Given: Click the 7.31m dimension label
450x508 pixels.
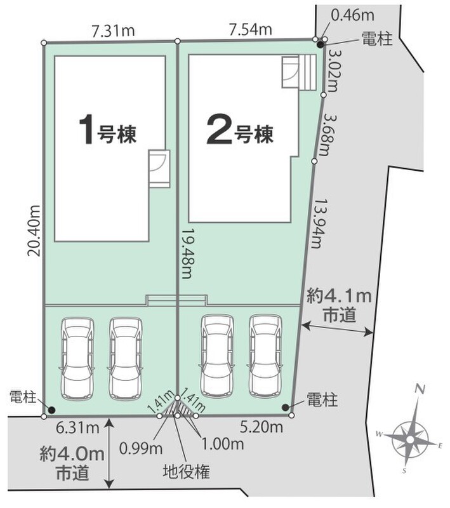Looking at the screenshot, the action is (113, 31).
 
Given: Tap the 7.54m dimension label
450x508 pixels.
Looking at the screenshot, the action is (250, 30).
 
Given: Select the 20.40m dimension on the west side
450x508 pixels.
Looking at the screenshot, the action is (34, 231).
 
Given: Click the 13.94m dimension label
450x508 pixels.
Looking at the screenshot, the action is (318, 224).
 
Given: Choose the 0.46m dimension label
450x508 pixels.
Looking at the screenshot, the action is (352, 15).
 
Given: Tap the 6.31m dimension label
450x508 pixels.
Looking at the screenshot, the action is (77, 428).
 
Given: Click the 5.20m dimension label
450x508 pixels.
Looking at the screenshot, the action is (261, 427).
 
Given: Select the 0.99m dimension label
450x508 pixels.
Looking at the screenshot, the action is (141, 448).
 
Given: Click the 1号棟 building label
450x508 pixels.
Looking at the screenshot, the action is (108, 131).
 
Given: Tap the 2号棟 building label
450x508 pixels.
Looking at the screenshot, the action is (240, 131).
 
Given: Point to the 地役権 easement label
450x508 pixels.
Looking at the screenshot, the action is (187, 472).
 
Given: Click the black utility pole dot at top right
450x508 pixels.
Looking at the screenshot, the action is (320, 45).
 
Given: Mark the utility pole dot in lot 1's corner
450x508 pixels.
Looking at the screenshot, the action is (51, 410).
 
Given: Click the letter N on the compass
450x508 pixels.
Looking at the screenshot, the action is (420, 389).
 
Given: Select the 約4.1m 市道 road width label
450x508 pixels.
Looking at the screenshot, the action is (340, 305).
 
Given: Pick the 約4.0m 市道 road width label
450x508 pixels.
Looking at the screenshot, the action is (72, 463).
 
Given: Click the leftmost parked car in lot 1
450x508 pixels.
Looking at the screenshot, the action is (77, 358).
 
